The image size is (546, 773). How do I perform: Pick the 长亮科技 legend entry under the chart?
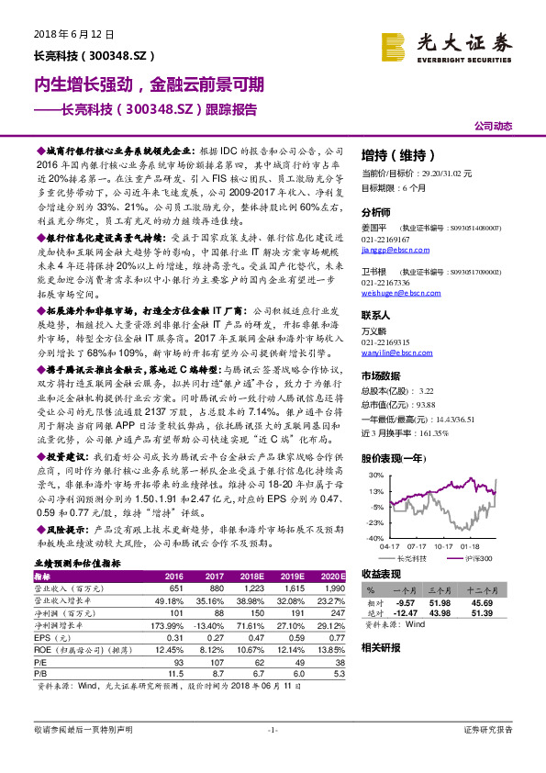[x=409, y=557]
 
